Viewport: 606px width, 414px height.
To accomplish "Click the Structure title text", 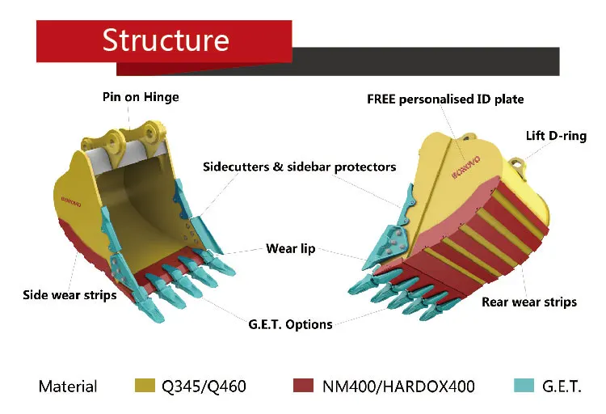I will click(166, 40).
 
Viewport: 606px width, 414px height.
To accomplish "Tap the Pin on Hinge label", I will click(141, 96).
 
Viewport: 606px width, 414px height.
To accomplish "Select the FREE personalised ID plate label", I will click(445, 99).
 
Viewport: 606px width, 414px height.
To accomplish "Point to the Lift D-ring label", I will click(556, 135).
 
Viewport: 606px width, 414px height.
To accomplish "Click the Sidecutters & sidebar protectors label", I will click(299, 167).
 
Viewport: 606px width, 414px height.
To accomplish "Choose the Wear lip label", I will click(291, 248).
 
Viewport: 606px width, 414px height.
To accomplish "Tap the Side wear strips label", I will click(69, 294).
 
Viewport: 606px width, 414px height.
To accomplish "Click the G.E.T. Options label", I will click(290, 323).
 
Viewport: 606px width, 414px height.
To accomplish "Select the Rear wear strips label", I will click(529, 302).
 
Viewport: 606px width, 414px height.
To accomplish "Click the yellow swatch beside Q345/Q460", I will click(144, 385).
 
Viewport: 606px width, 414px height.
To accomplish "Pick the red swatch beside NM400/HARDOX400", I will click(305, 385).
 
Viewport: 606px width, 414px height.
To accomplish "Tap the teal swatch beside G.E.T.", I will click(524, 385).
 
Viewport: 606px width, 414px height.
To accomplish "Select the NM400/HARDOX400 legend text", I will click(399, 387).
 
